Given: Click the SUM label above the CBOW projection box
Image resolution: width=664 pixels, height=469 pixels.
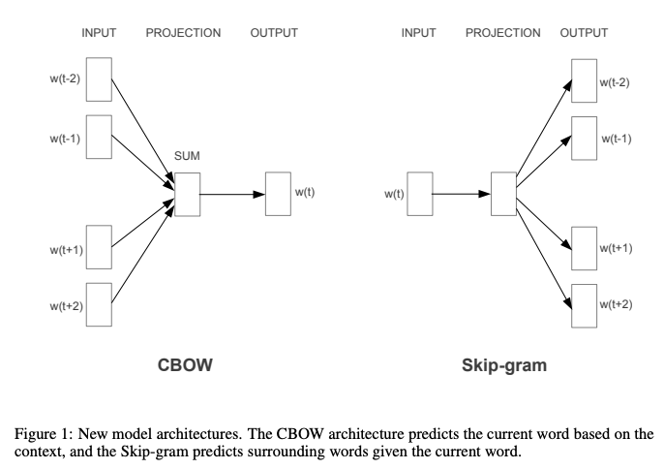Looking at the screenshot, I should [187, 156].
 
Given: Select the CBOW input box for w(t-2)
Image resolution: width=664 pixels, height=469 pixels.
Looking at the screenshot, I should [99, 78].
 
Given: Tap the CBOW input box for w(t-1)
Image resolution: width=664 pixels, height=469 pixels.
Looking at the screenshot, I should [99, 137].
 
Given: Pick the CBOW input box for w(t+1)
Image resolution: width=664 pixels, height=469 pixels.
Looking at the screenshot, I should [99, 248].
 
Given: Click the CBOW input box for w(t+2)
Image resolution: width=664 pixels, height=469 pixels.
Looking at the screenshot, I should [99, 305].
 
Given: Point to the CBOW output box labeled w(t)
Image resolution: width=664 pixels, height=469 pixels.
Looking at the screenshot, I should [278, 193].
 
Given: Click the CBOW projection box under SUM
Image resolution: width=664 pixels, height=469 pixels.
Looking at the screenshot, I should [187, 193].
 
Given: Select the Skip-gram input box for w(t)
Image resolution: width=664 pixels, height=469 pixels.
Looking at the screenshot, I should [419, 193].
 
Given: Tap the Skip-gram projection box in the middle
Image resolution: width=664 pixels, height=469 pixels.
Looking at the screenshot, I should [502, 193].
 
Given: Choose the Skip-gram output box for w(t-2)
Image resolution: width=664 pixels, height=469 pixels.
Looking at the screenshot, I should [584, 79].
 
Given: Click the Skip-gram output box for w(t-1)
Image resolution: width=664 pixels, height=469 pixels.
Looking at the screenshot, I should [584, 137].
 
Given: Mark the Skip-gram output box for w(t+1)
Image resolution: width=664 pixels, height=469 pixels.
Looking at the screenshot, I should [584, 248].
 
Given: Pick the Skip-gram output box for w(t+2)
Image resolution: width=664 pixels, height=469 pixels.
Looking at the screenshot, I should [584, 305].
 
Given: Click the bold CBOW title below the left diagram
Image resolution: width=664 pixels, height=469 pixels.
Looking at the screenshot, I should [185, 366].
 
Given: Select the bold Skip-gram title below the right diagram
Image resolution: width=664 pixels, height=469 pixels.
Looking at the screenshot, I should [504, 366].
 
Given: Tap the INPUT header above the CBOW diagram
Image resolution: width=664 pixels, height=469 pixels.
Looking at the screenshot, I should [99, 33].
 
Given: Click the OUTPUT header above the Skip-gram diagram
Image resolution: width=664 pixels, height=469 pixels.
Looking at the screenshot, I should [584, 33].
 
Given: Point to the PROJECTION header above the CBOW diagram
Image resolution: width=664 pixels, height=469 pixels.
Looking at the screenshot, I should [183, 33].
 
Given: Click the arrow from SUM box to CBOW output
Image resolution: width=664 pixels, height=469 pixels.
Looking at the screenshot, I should [232, 194].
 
